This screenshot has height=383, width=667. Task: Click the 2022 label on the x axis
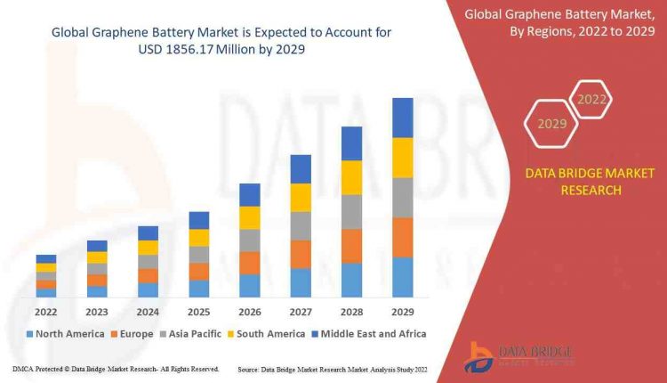tap(45, 312)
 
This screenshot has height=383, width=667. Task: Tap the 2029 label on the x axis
tap(403, 312)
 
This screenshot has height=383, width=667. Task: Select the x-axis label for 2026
tap(250, 312)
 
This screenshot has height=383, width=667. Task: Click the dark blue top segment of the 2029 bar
tap(403, 118)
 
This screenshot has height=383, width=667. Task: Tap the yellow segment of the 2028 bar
tap(352, 177)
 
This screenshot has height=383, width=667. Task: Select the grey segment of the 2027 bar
tap(301, 225)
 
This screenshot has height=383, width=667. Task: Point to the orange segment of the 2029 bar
tap(403, 237)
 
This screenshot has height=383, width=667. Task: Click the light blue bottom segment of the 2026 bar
tap(250, 285)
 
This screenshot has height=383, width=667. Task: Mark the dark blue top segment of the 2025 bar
tap(199, 220)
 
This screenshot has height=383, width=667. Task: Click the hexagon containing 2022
tap(593, 100)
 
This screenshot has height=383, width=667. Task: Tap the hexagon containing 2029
tap(552, 124)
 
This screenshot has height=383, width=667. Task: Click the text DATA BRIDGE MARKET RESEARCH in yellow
tap(577, 181)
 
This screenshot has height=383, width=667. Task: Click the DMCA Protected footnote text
tap(116, 369)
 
